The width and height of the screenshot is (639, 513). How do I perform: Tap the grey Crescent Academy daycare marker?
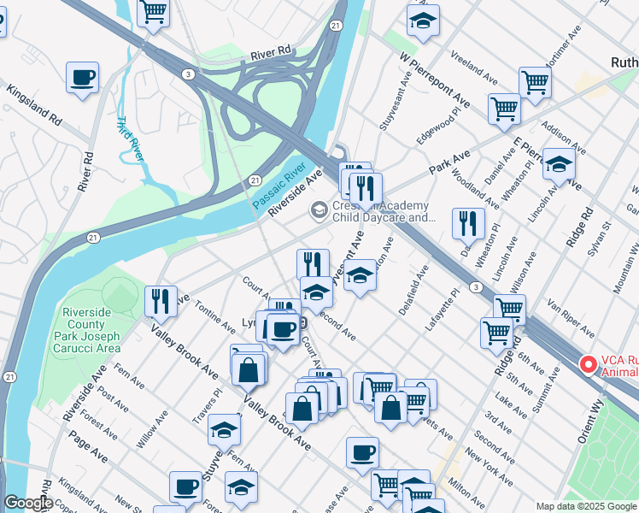[x=319, y=209]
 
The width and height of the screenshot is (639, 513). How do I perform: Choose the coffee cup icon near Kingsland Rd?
[x=82, y=78]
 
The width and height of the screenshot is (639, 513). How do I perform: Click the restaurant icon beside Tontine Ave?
[x=161, y=300]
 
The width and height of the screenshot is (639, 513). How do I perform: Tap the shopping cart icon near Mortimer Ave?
[x=535, y=82]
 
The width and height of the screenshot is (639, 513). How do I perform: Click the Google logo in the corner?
[x=27, y=503]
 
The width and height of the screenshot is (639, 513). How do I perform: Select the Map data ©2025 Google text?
[x=585, y=506]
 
